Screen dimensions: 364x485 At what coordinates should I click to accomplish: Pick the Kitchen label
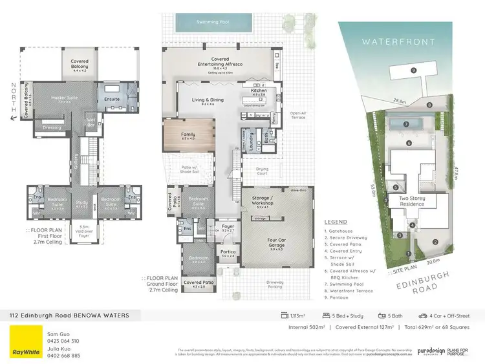[259, 91]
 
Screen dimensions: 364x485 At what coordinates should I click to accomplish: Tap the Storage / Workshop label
[262, 201]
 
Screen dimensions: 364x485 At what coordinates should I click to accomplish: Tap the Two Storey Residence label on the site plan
[412, 201]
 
